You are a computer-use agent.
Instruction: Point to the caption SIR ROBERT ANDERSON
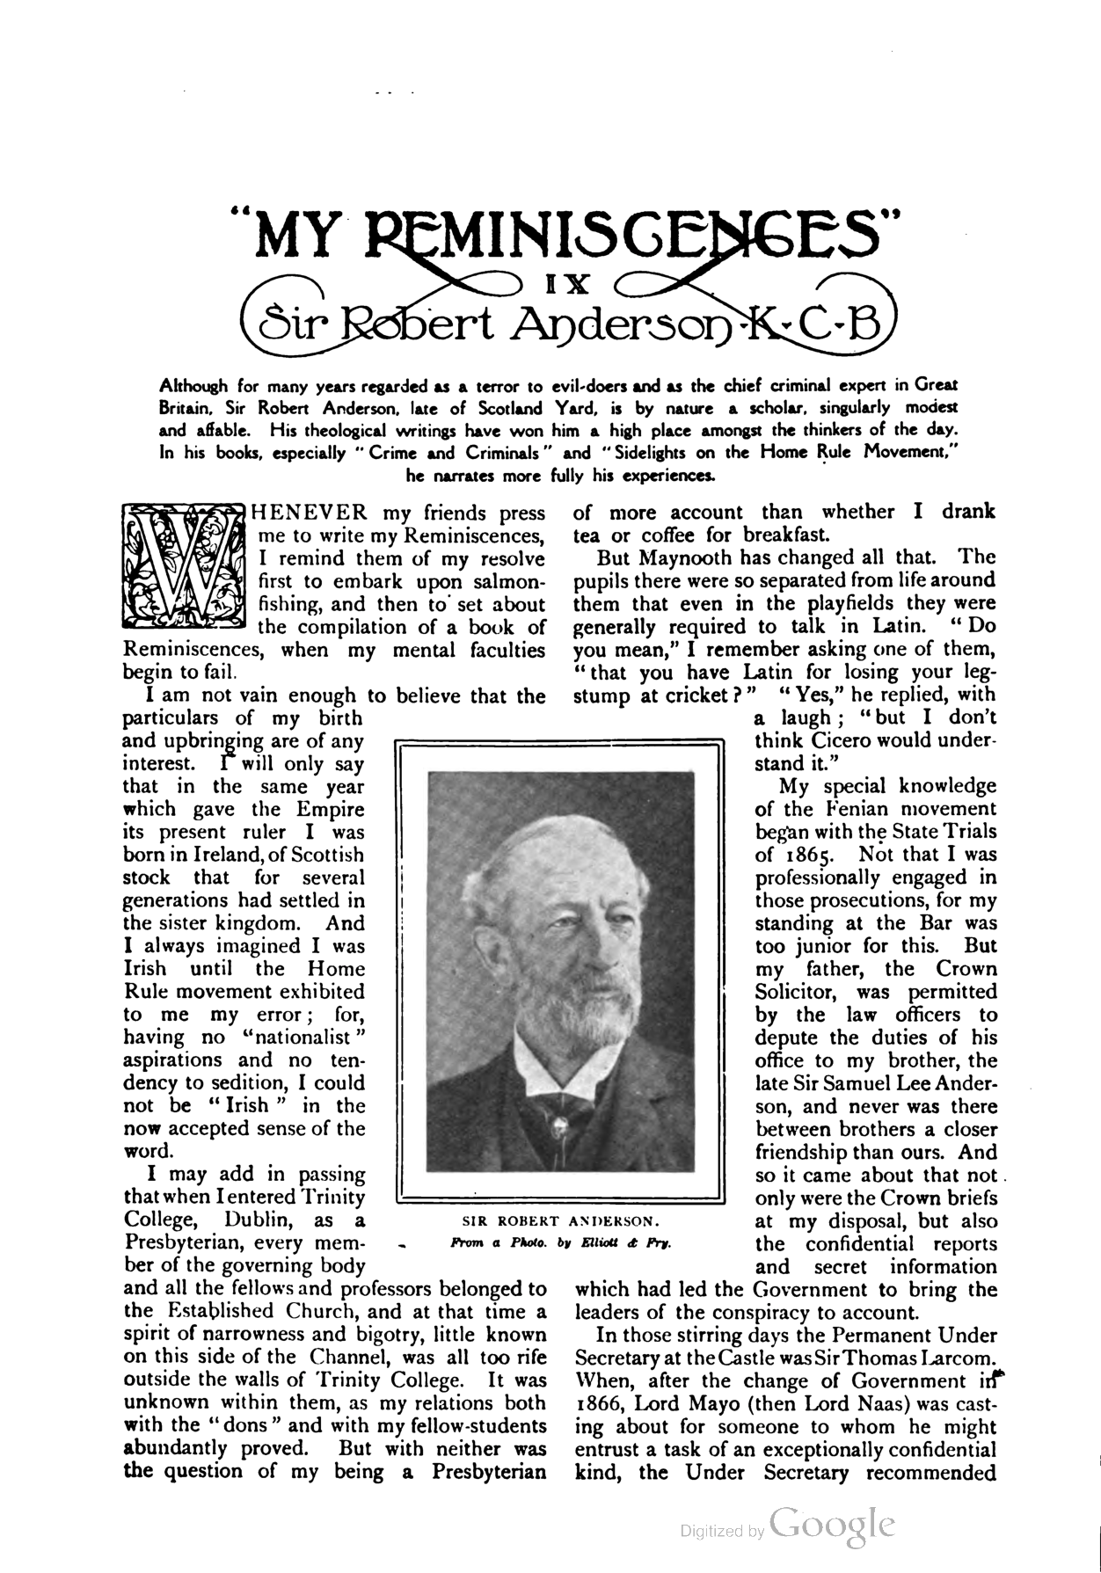561,1221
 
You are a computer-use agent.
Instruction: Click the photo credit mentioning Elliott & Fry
560,1244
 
